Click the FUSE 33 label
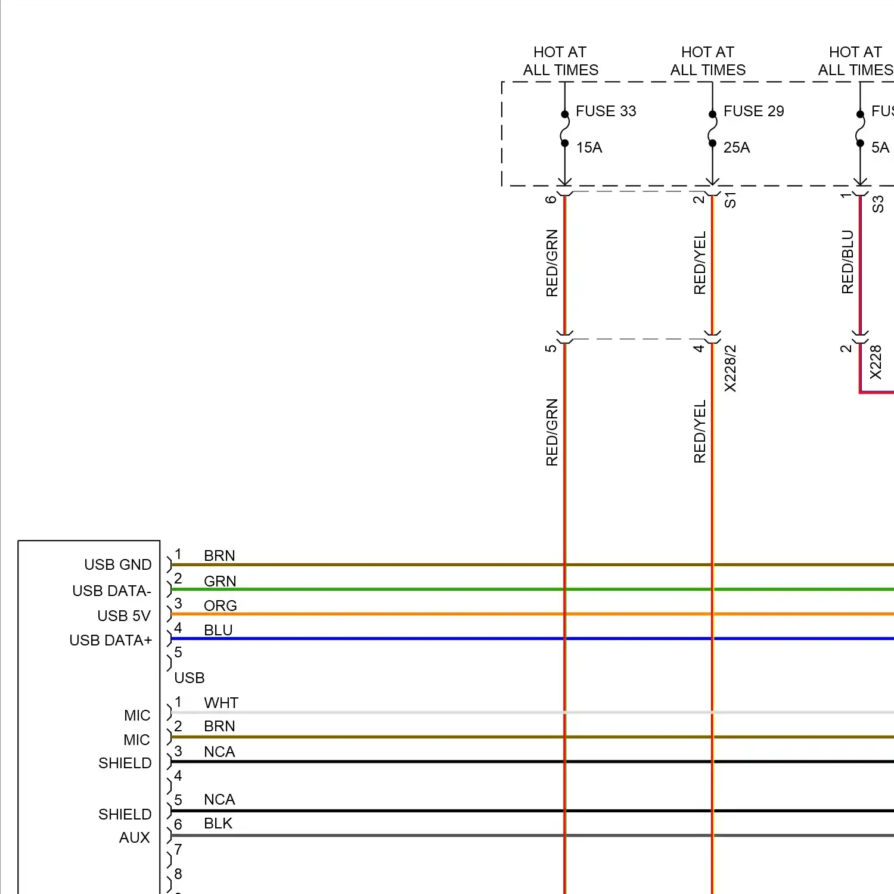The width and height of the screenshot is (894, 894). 606,111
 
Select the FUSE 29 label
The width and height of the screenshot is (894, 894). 753,111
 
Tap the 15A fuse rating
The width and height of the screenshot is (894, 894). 589,147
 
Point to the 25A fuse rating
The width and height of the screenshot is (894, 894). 737,147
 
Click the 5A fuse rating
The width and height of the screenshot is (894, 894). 880,147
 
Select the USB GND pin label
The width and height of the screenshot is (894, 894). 117,564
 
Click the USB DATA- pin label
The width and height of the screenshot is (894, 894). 111,591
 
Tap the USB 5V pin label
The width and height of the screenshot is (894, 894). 124,616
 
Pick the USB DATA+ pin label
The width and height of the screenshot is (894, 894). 110,640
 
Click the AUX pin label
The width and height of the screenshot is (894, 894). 134,837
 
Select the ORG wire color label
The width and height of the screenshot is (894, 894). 220,606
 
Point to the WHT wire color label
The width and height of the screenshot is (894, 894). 221,703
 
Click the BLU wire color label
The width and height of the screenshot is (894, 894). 218,630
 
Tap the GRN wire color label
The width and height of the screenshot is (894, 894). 220,581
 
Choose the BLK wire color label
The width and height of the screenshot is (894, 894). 218,823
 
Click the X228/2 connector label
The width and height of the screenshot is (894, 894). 730,368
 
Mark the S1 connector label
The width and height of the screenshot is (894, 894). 730,200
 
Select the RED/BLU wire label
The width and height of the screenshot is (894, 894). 847,262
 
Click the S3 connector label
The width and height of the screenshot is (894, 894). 877,204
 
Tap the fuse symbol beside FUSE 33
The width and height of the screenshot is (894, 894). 564,129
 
